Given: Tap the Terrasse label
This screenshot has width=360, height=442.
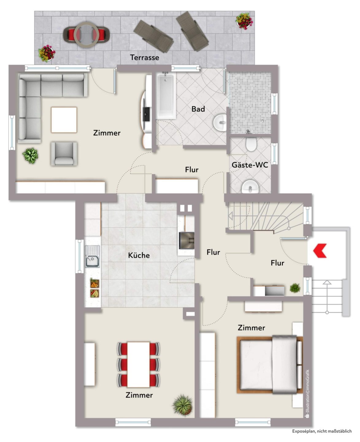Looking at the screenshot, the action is pos(144,57).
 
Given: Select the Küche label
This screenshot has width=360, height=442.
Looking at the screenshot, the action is pos(139,255).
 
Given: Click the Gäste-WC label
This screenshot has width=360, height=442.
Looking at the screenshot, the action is pos(250,165).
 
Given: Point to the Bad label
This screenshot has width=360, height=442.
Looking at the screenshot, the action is pos(198,109).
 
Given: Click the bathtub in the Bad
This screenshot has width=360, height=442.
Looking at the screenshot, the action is pos(166,95).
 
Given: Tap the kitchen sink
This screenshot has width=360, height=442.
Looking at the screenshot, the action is pos(92,257).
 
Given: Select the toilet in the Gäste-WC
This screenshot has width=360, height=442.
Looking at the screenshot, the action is pos(251,144).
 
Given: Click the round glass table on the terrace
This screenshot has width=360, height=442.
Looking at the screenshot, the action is pos(86,34).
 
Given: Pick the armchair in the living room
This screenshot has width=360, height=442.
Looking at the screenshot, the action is pos(64,153).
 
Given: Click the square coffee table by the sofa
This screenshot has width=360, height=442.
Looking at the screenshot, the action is pos(64,120).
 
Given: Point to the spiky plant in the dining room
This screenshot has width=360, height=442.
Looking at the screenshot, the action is pos(183,404).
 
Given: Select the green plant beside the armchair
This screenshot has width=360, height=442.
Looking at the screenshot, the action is pos(30,156).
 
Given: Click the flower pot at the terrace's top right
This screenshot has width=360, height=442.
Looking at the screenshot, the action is pos(244,21).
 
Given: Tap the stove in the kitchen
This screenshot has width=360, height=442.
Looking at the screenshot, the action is pos(186,240).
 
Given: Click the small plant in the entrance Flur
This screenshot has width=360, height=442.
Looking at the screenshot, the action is pos(295,288).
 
